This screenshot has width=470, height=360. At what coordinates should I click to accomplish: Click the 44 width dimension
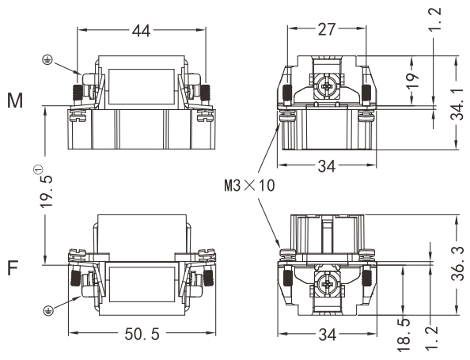(x=141, y=30)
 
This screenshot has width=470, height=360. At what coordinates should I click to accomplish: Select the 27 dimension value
(x=327, y=29)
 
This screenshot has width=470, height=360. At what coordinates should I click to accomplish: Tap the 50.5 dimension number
(x=142, y=334)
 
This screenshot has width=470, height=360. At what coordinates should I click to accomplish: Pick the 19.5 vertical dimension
(x=47, y=191)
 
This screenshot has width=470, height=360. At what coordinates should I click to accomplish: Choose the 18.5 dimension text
(x=404, y=335)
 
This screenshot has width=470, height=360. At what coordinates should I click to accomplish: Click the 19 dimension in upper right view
(x=413, y=80)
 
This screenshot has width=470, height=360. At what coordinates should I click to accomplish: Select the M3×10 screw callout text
(x=249, y=186)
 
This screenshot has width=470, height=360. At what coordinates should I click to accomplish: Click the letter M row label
(x=15, y=100)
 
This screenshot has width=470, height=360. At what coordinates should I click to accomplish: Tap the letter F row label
(x=13, y=268)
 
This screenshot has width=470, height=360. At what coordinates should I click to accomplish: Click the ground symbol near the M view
(x=47, y=60)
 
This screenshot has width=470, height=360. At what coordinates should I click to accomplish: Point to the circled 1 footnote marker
(x=38, y=169)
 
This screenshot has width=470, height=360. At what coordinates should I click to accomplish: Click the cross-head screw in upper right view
(x=326, y=87)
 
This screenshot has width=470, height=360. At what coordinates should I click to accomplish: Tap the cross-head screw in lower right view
(x=326, y=283)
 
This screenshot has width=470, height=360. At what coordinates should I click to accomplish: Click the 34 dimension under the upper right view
(x=327, y=166)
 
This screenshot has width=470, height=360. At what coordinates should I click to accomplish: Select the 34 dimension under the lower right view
(x=327, y=334)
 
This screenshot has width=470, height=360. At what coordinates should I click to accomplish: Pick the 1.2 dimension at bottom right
(x=431, y=339)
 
